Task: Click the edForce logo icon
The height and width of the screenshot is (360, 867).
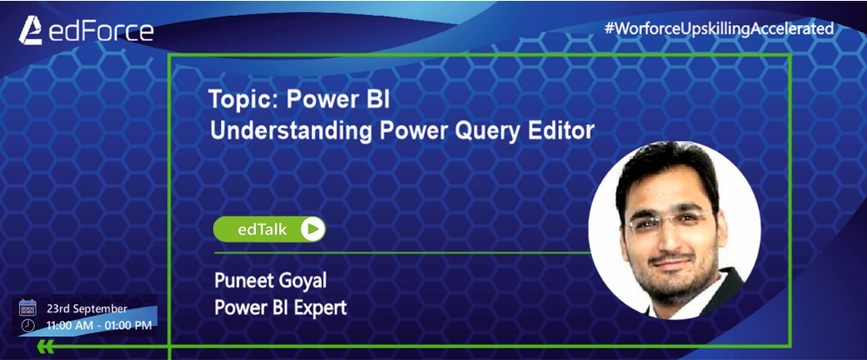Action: (30, 30)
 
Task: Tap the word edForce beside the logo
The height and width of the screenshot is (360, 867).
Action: (101, 31)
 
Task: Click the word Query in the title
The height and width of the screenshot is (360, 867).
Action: (489, 131)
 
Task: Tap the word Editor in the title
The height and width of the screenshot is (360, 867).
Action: (564, 130)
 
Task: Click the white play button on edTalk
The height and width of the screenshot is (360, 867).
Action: (312, 229)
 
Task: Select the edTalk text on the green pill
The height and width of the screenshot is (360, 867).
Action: (262, 230)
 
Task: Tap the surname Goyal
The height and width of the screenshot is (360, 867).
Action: (305, 281)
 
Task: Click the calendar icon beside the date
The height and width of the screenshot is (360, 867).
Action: (27, 308)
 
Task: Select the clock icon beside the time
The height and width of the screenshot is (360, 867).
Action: (28, 326)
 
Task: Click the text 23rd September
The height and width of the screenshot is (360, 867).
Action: (86, 309)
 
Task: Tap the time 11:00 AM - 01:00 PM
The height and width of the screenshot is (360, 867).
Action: (99, 326)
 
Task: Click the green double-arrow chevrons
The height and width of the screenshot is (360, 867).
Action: (46, 347)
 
